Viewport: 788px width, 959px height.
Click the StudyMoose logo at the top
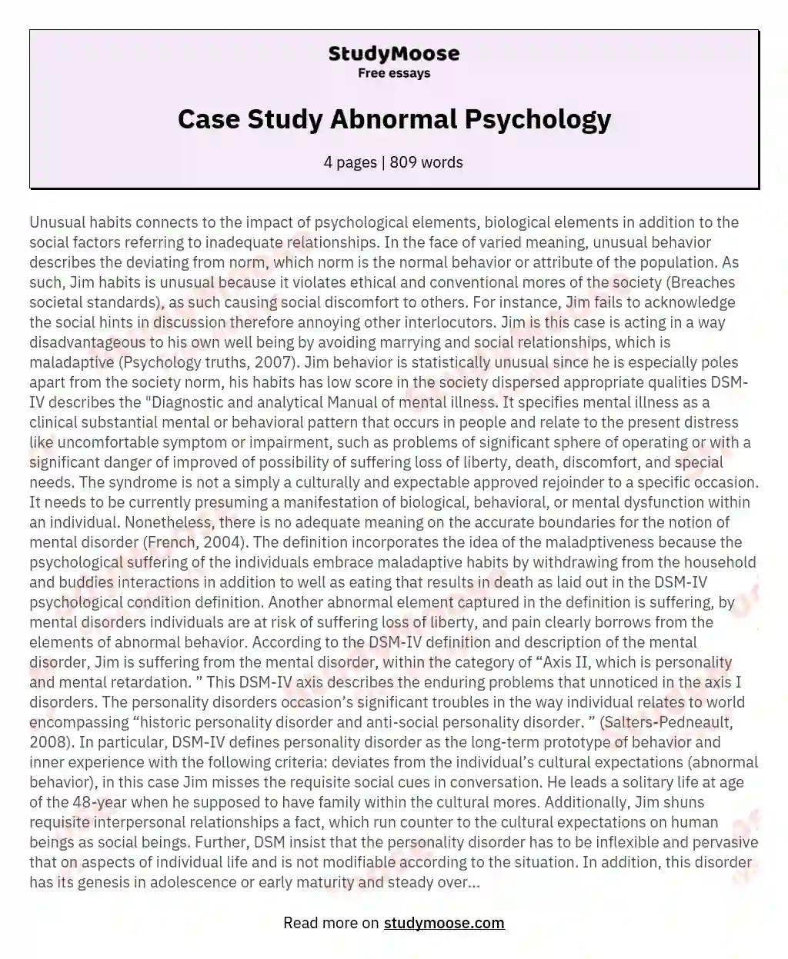(393, 54)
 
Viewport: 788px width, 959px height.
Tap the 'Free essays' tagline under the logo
(393, 74)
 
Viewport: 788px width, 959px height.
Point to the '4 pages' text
(349, 162)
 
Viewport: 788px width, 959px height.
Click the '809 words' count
(426, 162)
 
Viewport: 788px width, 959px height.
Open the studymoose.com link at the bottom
(444, 923)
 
